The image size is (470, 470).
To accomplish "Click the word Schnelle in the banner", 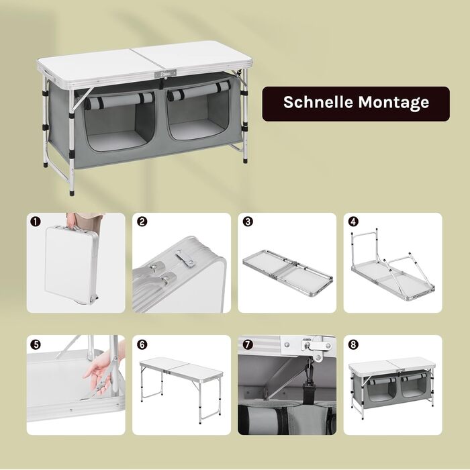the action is (318, 102).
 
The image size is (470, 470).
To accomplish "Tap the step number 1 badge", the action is (36, 222).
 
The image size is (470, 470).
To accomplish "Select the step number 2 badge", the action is (142, 222).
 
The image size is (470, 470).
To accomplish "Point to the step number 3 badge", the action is (248, 222).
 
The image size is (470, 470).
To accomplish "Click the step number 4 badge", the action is (353, 222).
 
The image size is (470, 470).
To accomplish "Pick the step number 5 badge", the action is (36, 344).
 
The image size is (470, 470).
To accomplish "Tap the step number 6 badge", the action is (142, 344).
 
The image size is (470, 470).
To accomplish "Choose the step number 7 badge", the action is (248, 344).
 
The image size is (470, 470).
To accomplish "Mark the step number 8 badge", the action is (353, 344).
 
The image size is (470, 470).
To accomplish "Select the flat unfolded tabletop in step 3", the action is (287, 273).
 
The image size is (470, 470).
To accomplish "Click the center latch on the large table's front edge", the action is (165, 74).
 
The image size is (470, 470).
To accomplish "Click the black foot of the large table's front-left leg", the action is (72, 192).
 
